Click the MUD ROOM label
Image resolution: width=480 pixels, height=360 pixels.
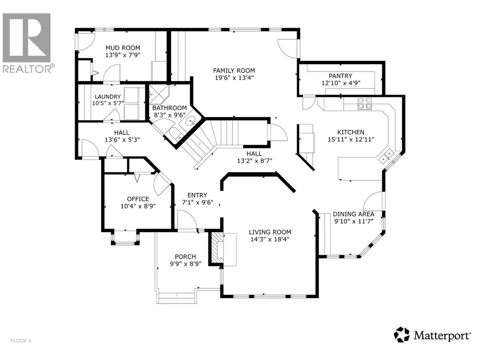(x=123, y=48)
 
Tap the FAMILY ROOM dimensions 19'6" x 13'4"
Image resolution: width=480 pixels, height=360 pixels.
(x=234, y=78)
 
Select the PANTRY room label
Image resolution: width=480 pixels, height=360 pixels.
(x=340, y=76)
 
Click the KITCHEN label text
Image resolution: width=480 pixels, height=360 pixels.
(x=351, y=132)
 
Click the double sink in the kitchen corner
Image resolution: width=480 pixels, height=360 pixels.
(x=386, y=155)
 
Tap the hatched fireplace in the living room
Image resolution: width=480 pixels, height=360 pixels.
(x=217, y=248)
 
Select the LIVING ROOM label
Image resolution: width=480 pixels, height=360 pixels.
(x=270, y=232)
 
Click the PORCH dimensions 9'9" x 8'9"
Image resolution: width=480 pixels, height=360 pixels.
(x=185, y=264)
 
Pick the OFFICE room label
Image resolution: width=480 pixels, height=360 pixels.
(x=138, y=199)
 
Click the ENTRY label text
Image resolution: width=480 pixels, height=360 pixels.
(x=197, y=195)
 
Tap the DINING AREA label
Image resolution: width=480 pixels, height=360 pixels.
(x=354, y=214)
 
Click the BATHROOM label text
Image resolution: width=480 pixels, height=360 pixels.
(x=170, y=108)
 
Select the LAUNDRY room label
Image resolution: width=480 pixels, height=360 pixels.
(x=108, y=96)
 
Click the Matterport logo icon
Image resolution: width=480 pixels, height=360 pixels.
(x=402, y=335)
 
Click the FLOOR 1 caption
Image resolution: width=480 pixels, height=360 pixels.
(x=21, y=340)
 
